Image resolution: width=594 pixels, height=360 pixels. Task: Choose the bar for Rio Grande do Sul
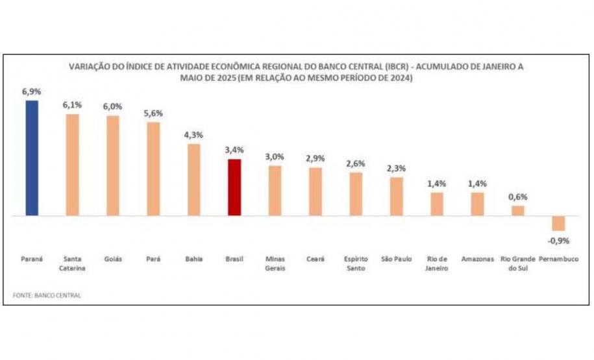[517, 210]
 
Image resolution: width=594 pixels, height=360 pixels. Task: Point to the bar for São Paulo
[397, 196]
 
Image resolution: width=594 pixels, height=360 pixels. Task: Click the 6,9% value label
[32, 92]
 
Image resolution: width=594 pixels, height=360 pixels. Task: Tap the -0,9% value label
[558, 241]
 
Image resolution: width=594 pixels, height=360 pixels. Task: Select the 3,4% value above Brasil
[234, 150]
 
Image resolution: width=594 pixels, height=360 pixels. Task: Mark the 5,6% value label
[153, 114]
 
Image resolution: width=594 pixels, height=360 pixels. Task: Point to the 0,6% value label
[518, 197]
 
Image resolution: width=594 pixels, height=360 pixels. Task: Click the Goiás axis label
[113, 259]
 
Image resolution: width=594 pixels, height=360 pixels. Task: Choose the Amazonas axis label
[477, 259]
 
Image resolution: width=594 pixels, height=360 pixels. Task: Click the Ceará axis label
[316, 259]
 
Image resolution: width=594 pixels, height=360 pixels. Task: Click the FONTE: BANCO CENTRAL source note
[47, 295]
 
